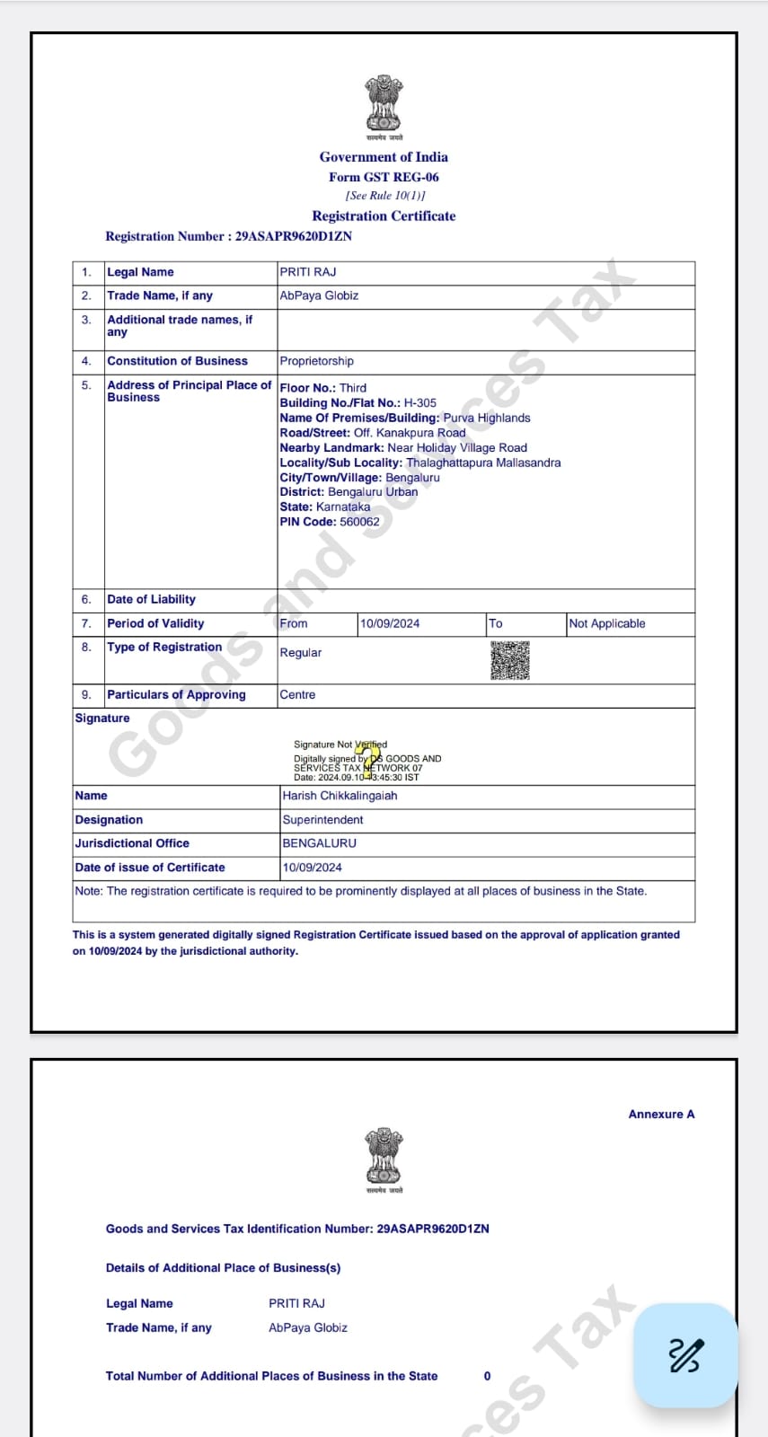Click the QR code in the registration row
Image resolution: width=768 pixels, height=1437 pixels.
tap(509, 660)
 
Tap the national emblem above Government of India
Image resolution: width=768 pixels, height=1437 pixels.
tap(384, 104)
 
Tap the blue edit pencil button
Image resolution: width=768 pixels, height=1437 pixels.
tap(685, 1354)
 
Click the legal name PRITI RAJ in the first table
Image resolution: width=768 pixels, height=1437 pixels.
tap(308, 272)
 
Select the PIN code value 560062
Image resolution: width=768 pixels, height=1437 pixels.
tap(359, 522)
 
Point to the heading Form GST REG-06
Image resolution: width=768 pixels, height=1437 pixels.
tap(384, 177)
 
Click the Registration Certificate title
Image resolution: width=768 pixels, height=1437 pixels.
tap(384, 216)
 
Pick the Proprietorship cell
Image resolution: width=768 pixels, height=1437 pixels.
tap(316, 361)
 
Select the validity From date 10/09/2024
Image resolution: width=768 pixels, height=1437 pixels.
tap(390, 623)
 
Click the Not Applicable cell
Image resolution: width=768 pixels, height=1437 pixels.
tap(607, 623)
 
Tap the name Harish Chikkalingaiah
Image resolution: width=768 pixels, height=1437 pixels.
tap(340, 796)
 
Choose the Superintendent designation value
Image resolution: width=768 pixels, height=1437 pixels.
tap(322, 820)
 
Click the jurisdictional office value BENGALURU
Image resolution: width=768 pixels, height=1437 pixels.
tap(319, 843)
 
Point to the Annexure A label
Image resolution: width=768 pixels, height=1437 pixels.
tap(661, 1115)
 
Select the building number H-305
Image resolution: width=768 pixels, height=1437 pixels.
tap(420, 403)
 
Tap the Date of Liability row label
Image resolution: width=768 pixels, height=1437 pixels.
tap(151, 600)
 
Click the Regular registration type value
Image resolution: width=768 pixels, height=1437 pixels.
tap(300, 653)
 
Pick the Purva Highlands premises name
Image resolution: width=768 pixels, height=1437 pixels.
tap(487, 418)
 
